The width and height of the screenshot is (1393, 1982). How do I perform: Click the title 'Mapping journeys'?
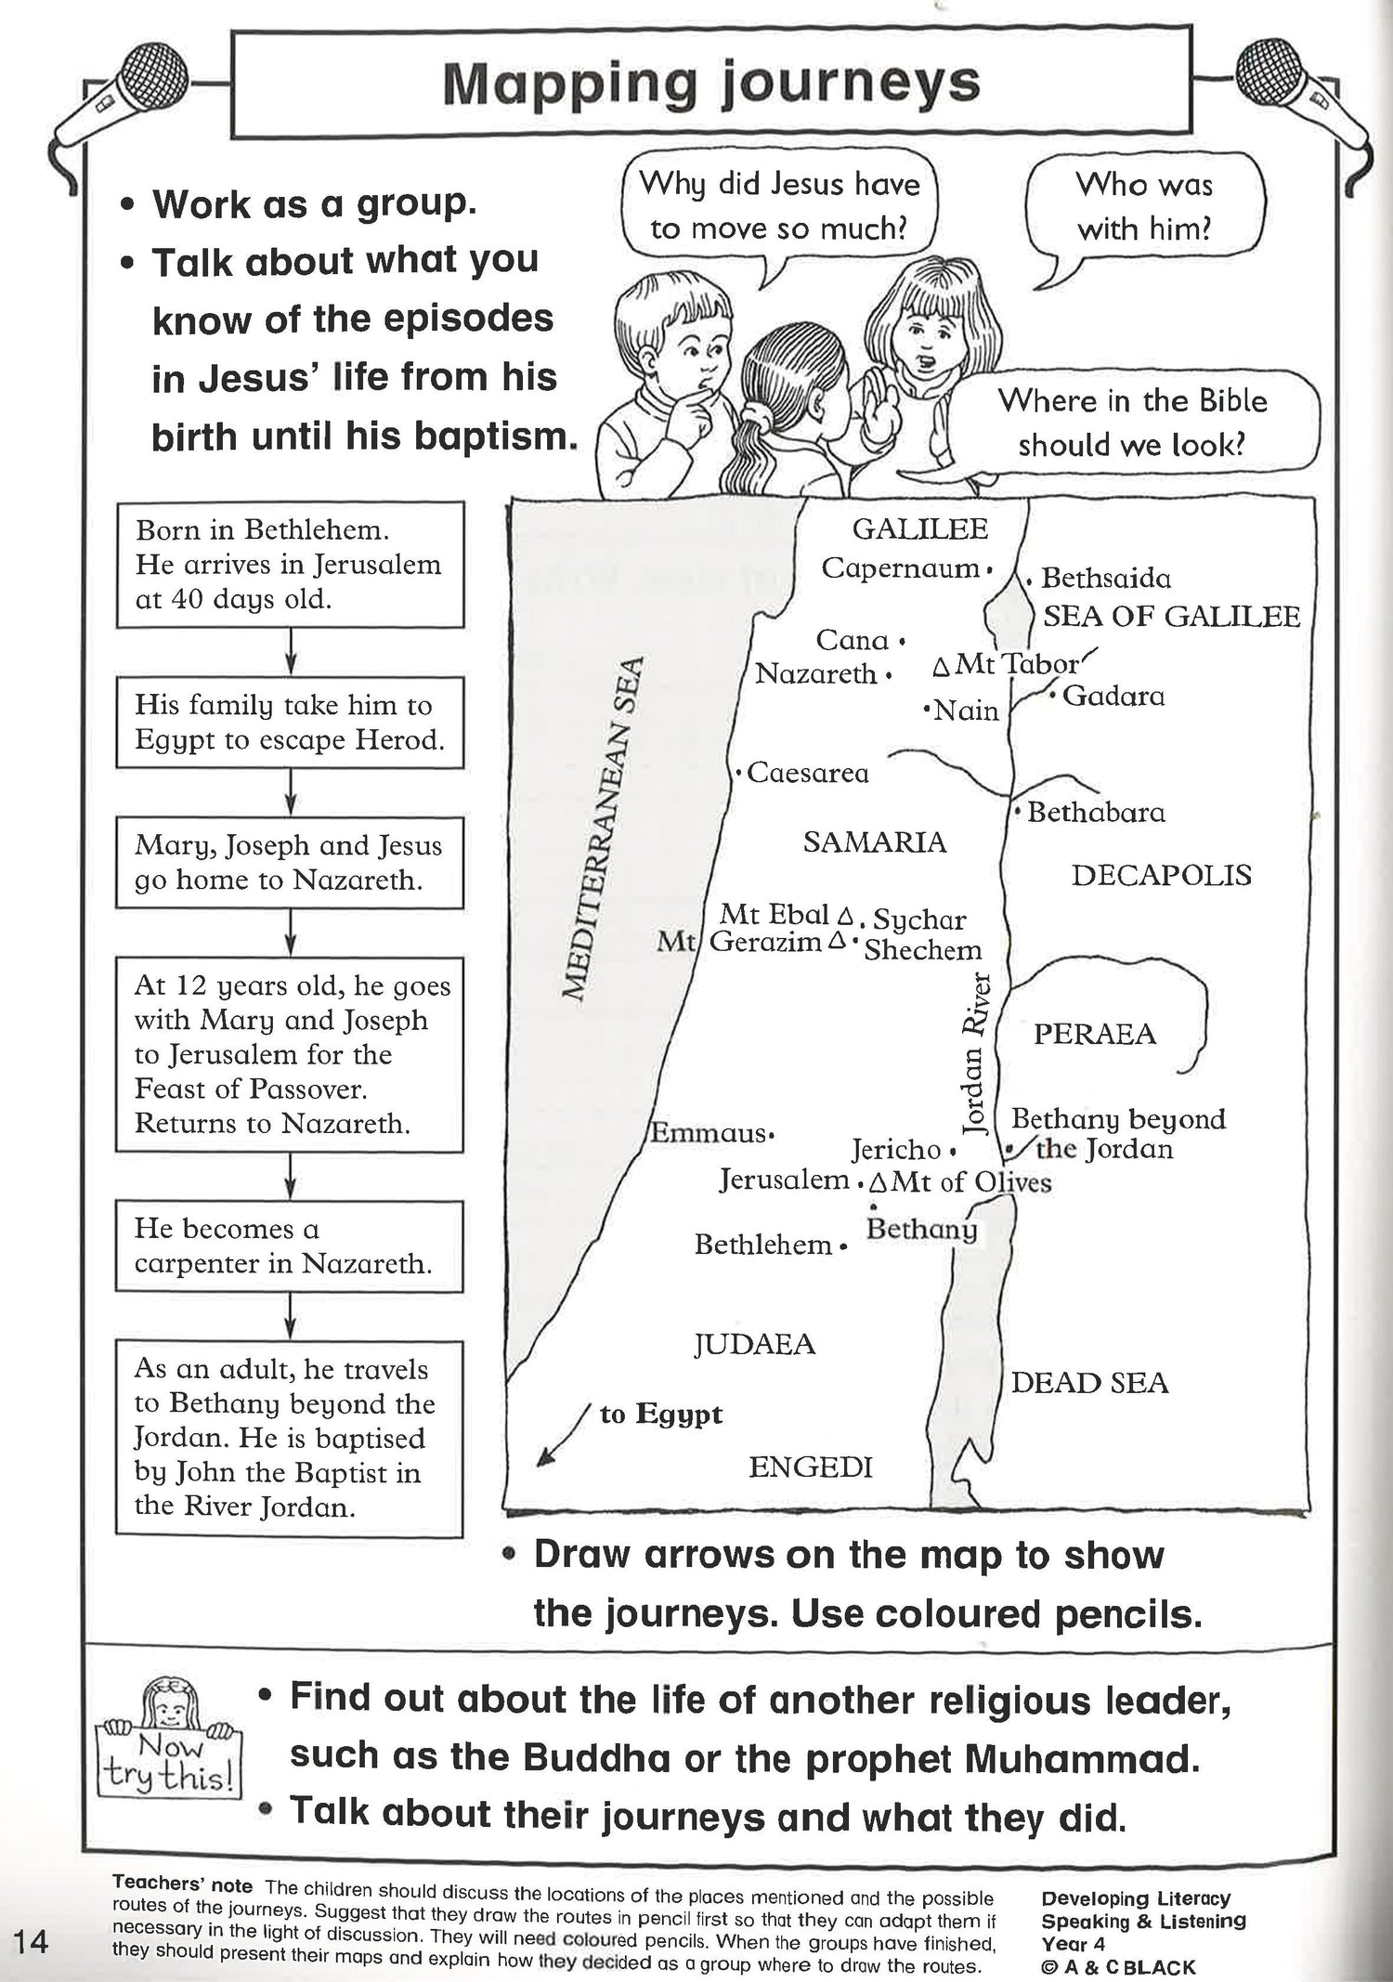tap(710, 84)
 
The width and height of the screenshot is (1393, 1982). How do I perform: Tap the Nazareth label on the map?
tap(815, 673)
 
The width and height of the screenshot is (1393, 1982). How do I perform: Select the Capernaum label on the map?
tap(901, 567)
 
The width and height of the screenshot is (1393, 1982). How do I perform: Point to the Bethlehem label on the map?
tap(762, 1245)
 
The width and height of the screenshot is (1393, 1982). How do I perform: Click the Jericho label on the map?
tap(896, 1150)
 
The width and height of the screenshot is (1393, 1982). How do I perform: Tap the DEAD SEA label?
tap(1089, 1383)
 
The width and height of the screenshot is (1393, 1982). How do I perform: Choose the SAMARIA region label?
tap(874, 842)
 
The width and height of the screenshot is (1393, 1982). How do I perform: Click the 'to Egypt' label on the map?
tap(660, 1415)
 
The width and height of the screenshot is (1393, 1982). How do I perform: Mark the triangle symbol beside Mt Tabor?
tap(941, 667)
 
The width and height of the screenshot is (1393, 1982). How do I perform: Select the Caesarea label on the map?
tap(808, 773)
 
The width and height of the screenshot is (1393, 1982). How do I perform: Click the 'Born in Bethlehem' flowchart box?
tap(290, 565)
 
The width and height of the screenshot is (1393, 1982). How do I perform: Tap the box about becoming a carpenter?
tap(290, 1245)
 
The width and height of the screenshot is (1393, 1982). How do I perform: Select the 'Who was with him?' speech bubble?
tap(1144, 206)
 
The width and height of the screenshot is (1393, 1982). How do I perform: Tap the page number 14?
tap(30, 1941)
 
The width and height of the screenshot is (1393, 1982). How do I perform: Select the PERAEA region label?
tap(1094, 1034)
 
